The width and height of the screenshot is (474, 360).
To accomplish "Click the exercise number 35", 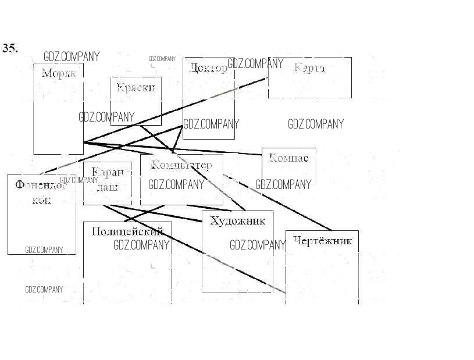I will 10,48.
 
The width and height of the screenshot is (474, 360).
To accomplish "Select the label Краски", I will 136,88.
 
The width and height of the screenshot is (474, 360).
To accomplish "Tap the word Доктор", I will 208,68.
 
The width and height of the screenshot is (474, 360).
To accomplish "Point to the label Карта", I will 309,67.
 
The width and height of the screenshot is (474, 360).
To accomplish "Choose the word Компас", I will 288,158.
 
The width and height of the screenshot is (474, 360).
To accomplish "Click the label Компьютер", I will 181,165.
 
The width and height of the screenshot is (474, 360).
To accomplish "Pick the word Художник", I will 237,220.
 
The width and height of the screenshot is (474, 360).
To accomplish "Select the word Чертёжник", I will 323,241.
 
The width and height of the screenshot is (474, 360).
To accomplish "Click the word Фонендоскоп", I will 41,193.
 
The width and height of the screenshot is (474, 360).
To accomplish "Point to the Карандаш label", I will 108,180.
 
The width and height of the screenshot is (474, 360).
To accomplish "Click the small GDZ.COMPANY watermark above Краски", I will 162,59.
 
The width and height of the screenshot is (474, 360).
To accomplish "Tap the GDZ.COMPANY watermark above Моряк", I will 72,56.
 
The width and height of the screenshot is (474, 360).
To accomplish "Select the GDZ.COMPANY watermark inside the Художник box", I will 258,245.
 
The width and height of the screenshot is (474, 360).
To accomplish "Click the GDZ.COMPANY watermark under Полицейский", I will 141,245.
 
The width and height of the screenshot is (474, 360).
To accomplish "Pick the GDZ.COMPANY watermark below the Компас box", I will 283,185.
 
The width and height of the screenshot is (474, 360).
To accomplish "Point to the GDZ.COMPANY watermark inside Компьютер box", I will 176,185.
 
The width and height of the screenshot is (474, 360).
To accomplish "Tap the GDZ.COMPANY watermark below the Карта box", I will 316,124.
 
